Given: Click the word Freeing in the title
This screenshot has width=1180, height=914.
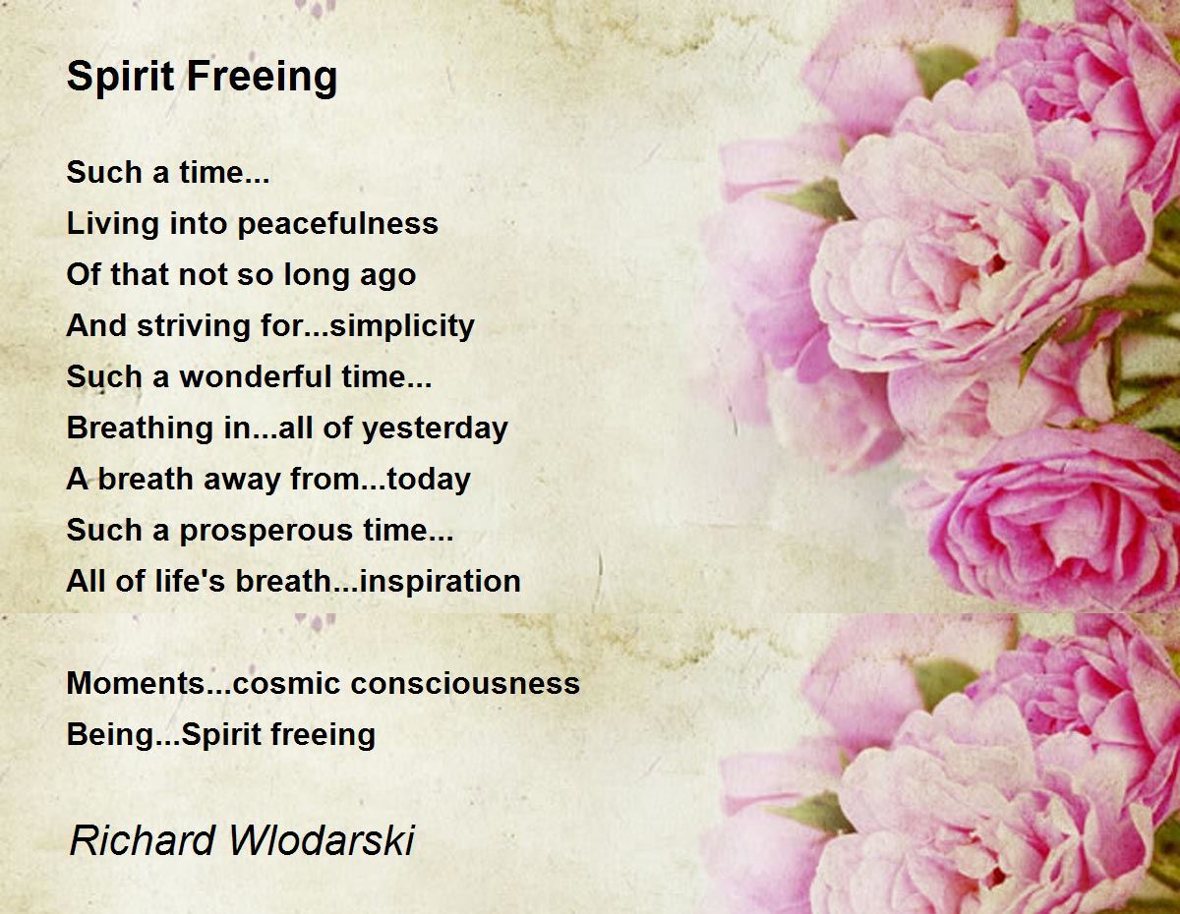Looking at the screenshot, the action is [263, 78].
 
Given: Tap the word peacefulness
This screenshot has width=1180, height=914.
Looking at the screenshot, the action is [337, 224].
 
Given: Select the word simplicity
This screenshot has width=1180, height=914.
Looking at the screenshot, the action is [402, 326].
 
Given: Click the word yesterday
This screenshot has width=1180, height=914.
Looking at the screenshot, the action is [435, 428].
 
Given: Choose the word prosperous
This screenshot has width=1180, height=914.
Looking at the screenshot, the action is [266, 531].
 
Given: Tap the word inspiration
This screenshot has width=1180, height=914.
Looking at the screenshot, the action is [441, 581].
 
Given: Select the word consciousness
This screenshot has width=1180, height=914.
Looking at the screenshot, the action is [465, 683].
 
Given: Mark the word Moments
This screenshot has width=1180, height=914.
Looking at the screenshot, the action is [136, 683].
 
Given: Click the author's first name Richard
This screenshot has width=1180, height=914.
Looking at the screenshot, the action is [143, 840].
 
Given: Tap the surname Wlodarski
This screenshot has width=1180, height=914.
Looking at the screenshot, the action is [322, 840].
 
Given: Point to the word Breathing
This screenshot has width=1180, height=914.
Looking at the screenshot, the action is [140, 428].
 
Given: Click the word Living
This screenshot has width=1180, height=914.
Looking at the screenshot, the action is [112, 224].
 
